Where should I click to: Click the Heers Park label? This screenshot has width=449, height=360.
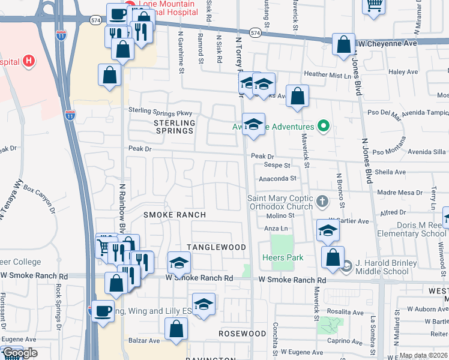(282, 258)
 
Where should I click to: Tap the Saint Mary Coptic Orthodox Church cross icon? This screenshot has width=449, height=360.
(322, 202)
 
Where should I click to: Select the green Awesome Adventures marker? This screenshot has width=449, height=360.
(324, 126)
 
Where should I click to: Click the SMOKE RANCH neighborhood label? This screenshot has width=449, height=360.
(175, 214)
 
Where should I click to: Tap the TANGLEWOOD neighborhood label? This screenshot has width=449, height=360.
(216, 247)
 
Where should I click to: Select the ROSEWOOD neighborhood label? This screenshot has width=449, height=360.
(242, 333)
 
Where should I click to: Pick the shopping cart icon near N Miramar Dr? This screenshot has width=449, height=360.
(373, 5)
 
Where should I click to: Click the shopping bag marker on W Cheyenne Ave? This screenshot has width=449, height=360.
(343, 44)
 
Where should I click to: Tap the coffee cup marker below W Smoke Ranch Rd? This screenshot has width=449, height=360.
(103, 311)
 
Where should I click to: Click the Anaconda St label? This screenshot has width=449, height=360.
(278, 178)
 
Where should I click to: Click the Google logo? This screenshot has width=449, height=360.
(19, 353)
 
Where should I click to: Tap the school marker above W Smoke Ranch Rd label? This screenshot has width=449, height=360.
(179, 263)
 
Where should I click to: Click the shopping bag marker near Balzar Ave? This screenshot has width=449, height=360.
(176, 329)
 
